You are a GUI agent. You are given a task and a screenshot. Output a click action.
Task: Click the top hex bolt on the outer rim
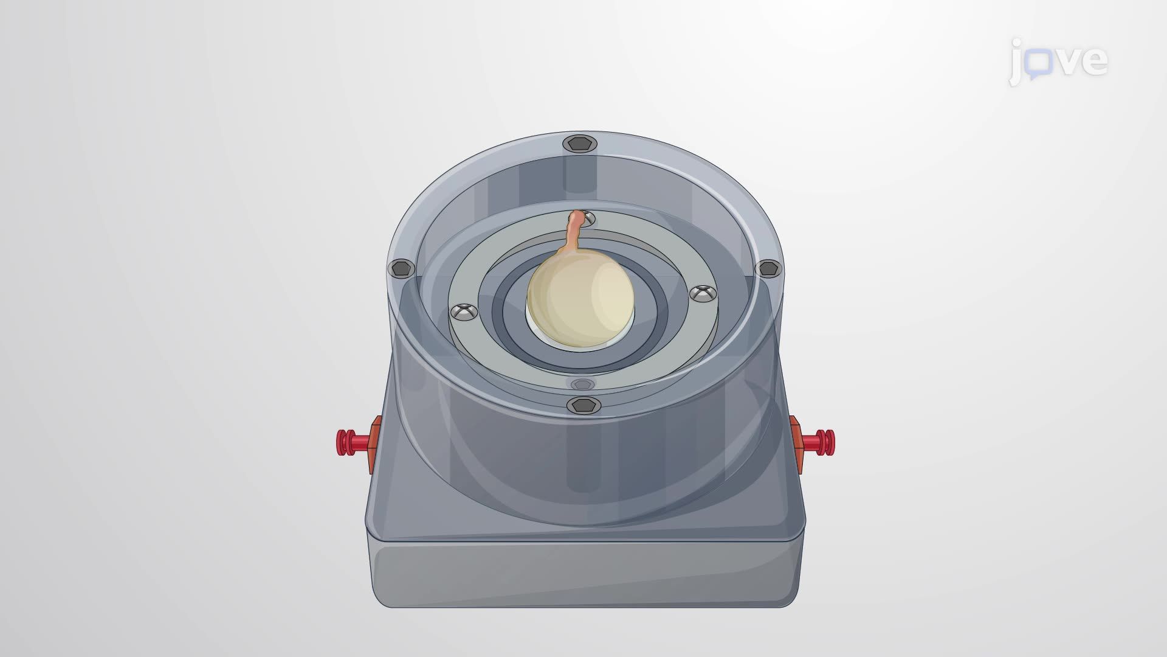580,144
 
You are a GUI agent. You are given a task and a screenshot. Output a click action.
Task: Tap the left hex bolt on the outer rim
401,268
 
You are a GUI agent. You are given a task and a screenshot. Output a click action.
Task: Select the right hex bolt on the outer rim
768,268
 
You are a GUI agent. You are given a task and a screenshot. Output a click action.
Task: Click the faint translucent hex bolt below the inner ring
582,384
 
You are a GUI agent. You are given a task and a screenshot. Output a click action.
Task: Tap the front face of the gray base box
583,575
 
